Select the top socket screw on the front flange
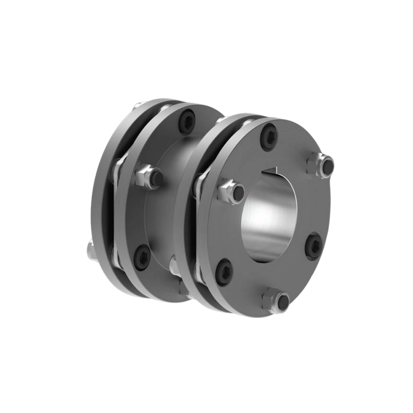tap(269, 136)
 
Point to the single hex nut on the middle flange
tap(150, 177)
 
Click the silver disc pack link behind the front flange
tap(200, 184)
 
